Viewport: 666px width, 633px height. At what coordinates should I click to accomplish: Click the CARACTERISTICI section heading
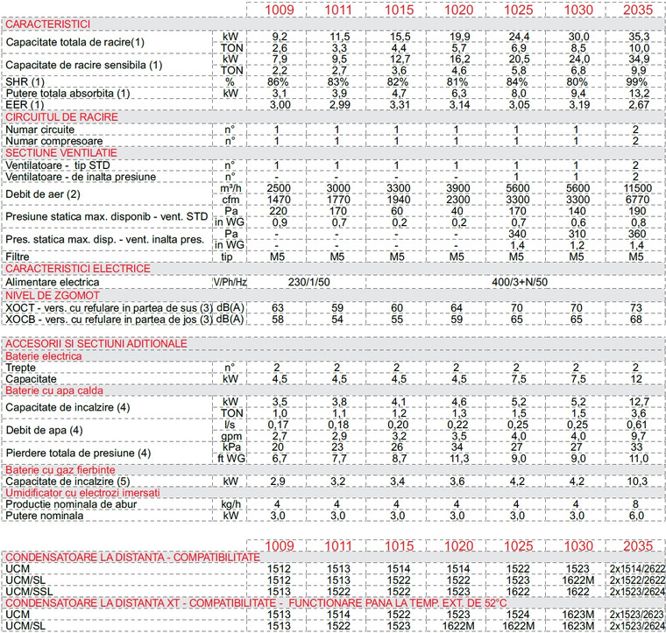point(46,23)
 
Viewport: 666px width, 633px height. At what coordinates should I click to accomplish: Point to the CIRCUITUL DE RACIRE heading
point(61,116)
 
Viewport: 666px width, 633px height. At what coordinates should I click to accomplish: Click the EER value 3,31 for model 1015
point(396,104)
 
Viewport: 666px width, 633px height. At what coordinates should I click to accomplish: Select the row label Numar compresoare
point(54,140)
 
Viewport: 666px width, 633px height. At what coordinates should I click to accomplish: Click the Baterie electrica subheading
point(44,356)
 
